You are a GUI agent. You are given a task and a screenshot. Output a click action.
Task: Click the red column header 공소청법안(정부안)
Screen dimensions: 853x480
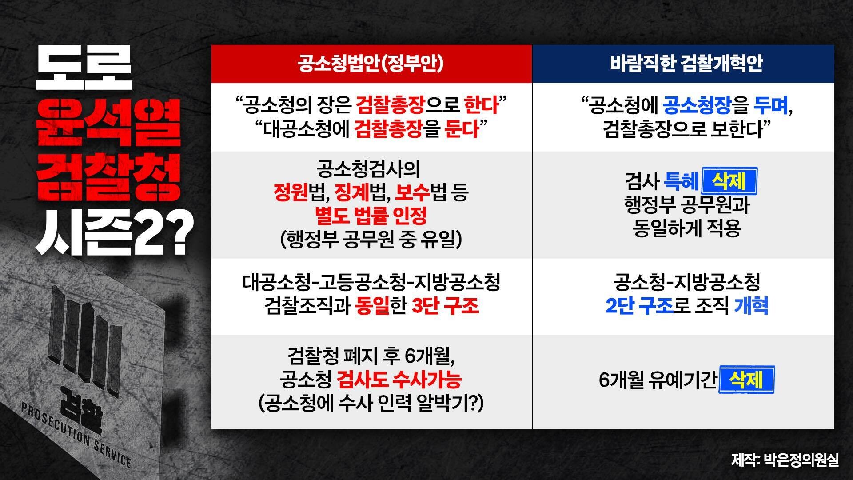coord(371,64)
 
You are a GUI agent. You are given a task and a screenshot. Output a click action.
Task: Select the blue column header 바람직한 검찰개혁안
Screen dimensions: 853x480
coord(686,64)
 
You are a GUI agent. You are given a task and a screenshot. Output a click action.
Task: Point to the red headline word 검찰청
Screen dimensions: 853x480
coord(109,178)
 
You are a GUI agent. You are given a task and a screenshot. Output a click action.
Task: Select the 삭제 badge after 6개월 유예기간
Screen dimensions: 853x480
coord(746,380)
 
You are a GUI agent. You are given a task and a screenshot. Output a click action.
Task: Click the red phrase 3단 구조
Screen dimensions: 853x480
coord(445,306)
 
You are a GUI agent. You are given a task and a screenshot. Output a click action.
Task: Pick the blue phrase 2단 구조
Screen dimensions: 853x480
coord(639,306)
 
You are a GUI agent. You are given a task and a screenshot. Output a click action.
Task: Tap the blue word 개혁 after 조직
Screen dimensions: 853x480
coord(751,306)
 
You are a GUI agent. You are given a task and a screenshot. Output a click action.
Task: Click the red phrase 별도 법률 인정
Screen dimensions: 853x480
coord(371,216)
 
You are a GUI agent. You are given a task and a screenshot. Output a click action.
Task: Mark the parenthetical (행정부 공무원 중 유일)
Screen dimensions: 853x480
coord(371,240)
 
